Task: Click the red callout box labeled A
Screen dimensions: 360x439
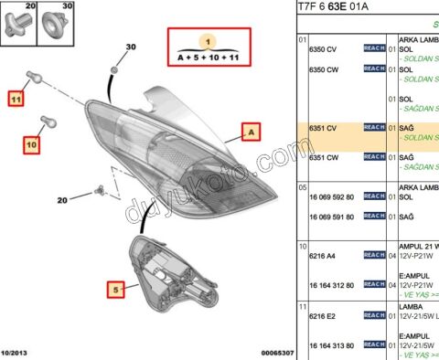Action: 249,132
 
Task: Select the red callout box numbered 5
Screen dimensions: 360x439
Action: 116,290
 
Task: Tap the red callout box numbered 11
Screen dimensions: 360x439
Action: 16,96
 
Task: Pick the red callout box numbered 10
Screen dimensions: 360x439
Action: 31,144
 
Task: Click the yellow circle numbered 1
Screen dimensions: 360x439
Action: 208,42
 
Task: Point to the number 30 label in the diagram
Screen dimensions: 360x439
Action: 130,47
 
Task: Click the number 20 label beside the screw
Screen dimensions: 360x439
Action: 62,199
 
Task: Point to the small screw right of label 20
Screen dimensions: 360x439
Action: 102,191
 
